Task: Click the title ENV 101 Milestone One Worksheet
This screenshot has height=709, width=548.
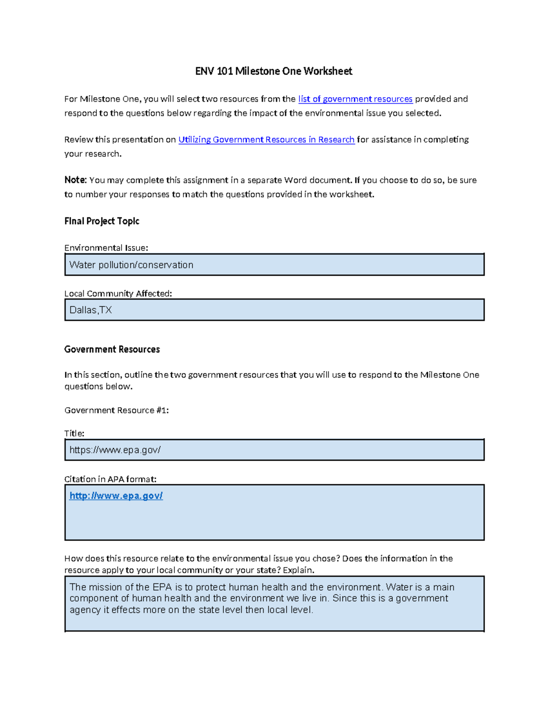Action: coord(274,71)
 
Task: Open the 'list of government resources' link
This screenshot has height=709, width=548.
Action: coord(355,99)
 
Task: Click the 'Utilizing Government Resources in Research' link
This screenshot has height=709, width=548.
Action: coord(266,140)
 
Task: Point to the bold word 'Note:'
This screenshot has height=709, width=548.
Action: coord(75,180)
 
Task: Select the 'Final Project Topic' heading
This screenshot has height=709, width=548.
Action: coord(102,221)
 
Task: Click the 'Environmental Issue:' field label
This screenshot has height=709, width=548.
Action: coord(106,248)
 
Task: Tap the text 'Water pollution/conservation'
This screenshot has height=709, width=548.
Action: coord(131,265)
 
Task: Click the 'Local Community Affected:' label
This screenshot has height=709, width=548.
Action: coord(118,294)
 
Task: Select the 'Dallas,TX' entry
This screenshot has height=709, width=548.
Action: coord(90,310)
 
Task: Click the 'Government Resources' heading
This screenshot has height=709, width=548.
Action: coord(112,349)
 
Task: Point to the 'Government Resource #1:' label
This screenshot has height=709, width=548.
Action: coord(116,410)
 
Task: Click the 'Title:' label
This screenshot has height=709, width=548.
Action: coord(74,433)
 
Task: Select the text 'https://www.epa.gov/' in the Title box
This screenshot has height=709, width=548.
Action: coord(115,450)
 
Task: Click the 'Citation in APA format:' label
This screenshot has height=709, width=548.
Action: coord(110,479)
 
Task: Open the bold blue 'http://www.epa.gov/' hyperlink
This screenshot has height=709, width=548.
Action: coord(116,496)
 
